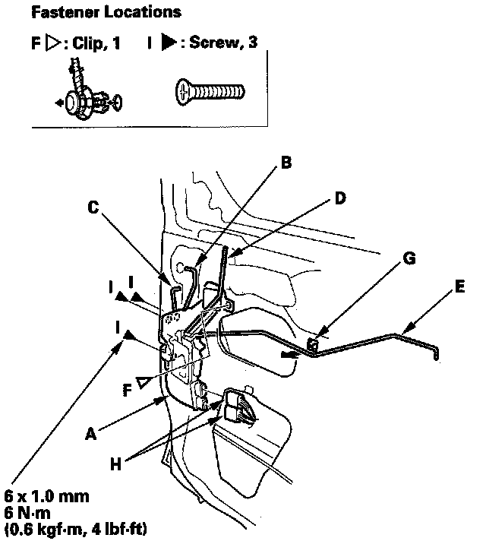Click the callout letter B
[x=286, y=161]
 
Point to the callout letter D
[x=339, y=198]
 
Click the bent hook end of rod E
[x=437, y=353]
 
